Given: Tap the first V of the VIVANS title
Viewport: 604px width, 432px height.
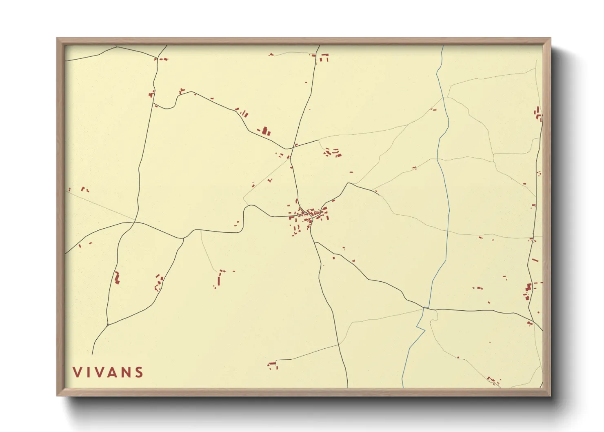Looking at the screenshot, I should [x=77, y=372].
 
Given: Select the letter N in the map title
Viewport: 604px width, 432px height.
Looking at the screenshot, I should [x=125, y=372].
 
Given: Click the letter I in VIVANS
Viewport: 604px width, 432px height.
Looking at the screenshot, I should [x=87, y=372].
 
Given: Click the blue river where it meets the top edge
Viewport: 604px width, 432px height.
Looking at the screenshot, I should [x=443, y=46].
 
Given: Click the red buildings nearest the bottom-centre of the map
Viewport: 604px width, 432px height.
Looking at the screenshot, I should [x=273, y=365].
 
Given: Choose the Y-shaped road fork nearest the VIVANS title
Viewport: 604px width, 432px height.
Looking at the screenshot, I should [x=108, y=325].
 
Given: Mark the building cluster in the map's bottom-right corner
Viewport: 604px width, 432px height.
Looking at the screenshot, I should [x=493, y=381].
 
